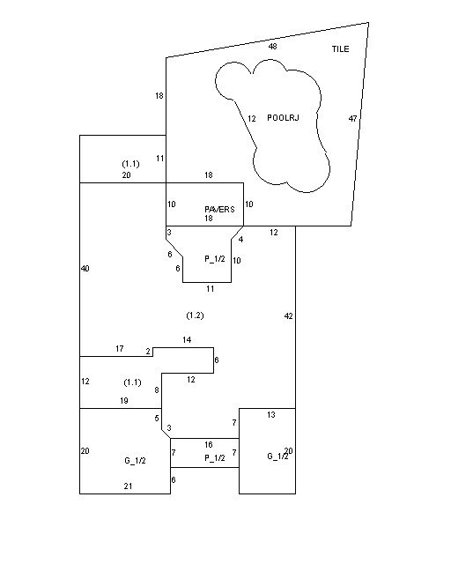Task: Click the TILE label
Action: pyautogui.click(x=340, y=49)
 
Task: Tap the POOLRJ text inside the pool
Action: pyautogui.click(x=283, y=117)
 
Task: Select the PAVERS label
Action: pyautogui.click(x=219, y=209)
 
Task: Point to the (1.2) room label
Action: pyautogui.click(x=195, y=315)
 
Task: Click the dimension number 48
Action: pyautogui.click(x=272, y=47)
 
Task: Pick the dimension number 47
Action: pyautogui.click(x=353, y=118)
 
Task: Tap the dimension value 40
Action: pyautogui.click(x=85, y=268)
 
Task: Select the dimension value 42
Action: pyautogui.click(x=288, y=316)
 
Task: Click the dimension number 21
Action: pyautogui.click(x=128, y=486)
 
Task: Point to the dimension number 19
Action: pyautogui.click(x=124, y=401)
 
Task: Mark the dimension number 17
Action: pyautogui.click(x=120, y=349)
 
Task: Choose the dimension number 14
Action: pyautogui.click(x=187, y=340)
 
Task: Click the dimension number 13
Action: pyautogui.click(x=271, y=415)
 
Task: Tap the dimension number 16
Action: pyautogui.click(x=209, y=445)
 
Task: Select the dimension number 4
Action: pyautogui.click(x=240, y=240)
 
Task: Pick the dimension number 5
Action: pyautogui.click(x=157, y=418)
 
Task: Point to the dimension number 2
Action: pyautogui.click(x=148, y=352)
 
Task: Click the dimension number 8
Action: pyautogui.click(x=157, y=390)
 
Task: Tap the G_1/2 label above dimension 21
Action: pyautogui.click(x=136, y=461)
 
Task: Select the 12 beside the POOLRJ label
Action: pyautogui.click(x=252, y=118)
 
